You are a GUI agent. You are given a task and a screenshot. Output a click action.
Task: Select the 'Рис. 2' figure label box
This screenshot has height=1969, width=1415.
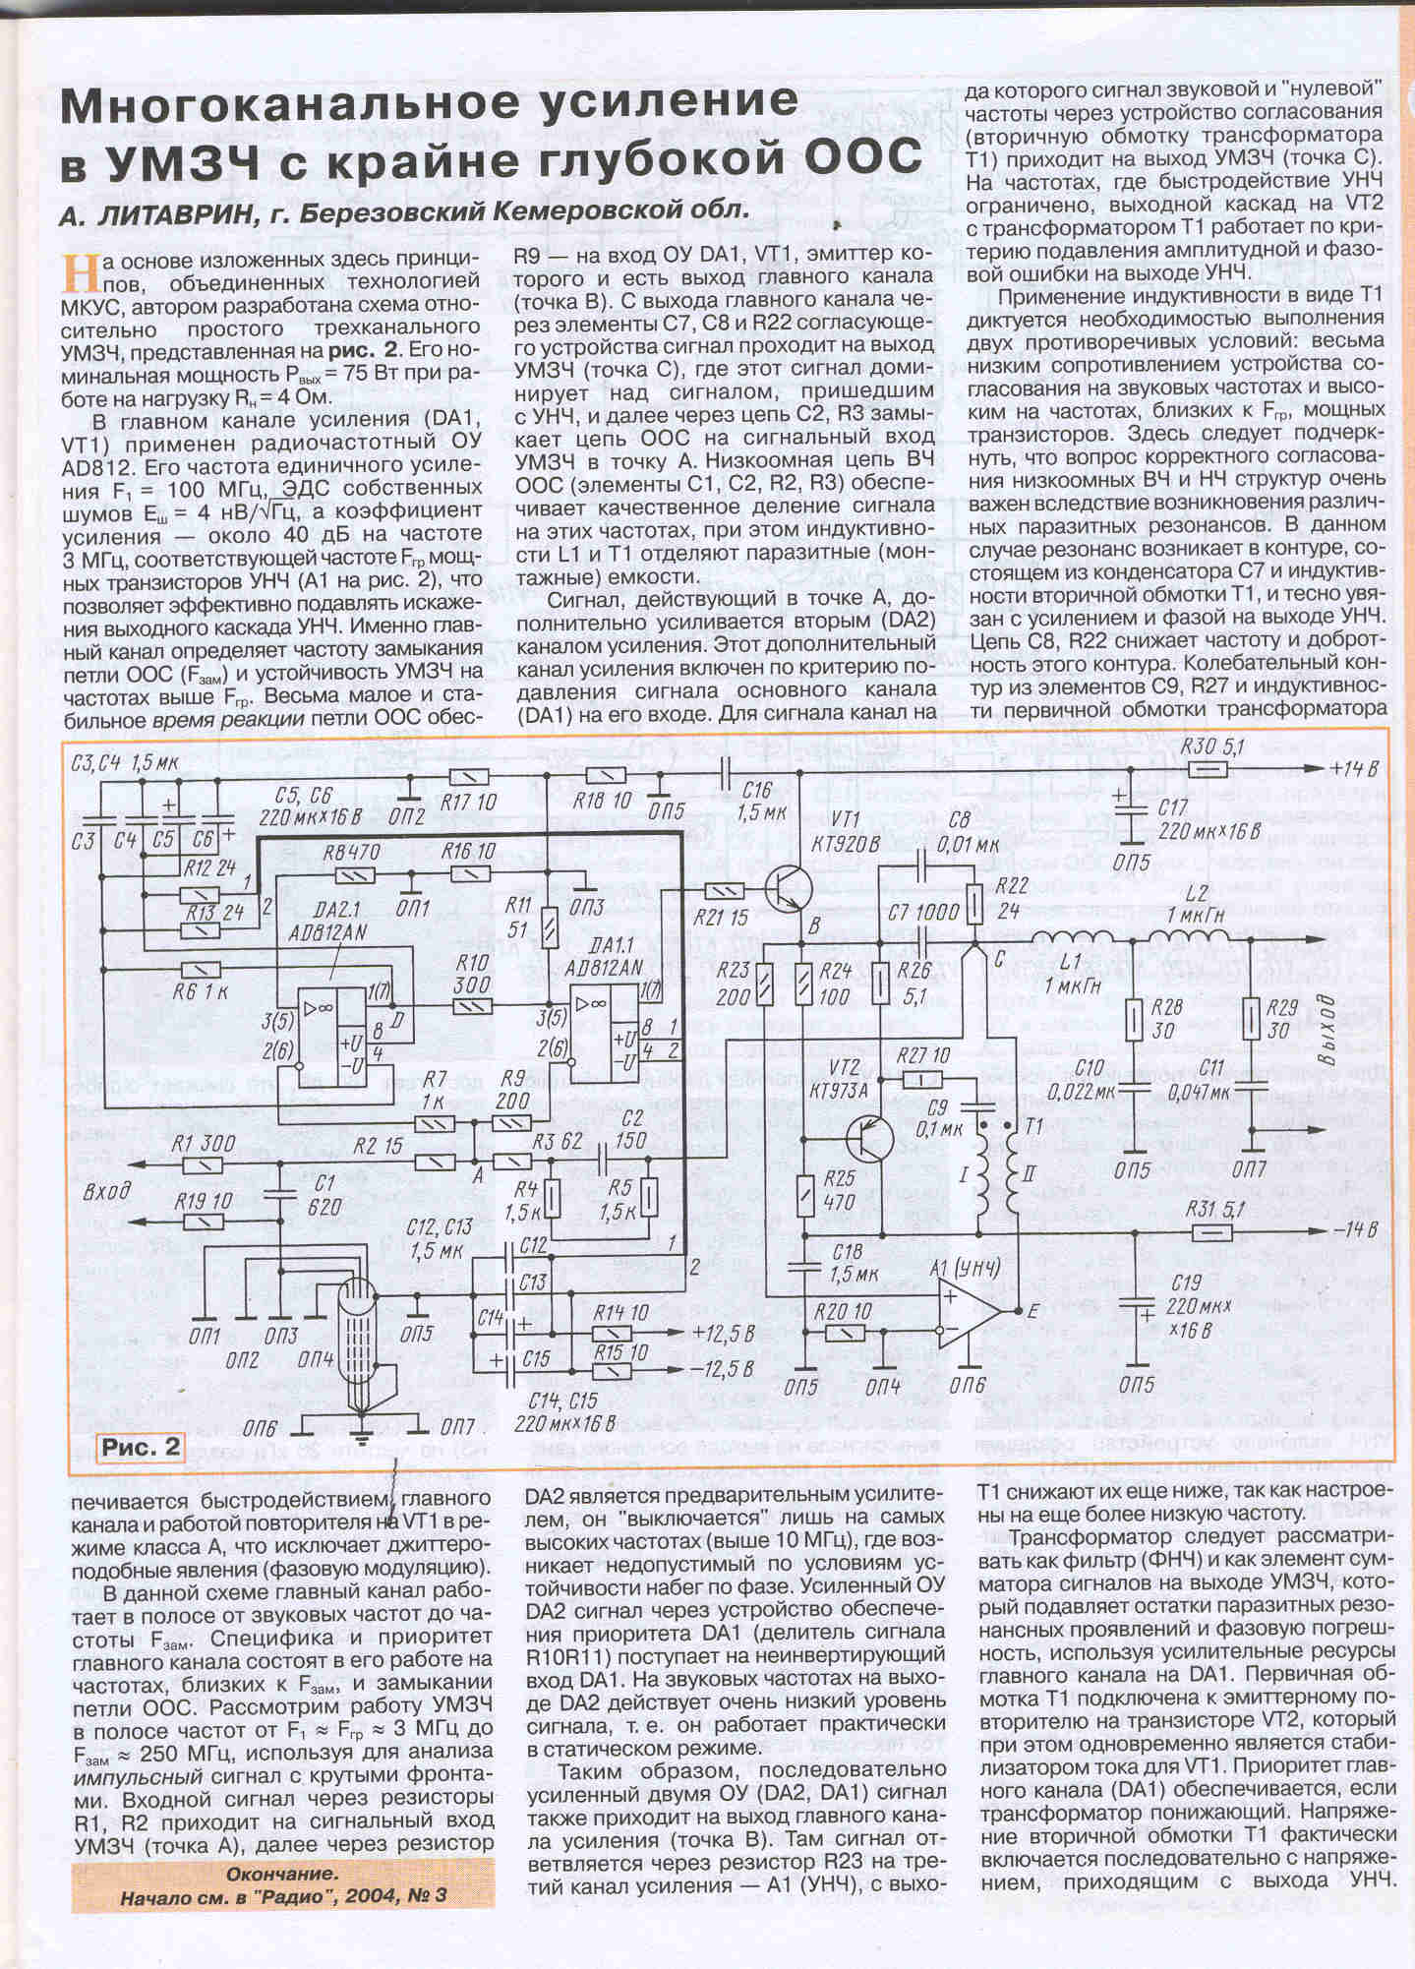pyautogui.click(x=142, y=1447)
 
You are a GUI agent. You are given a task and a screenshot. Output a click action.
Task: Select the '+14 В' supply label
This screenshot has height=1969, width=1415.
pyautogui.click(x=1353, y=769)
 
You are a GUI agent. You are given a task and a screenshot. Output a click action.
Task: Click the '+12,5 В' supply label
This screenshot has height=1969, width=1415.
pyautogui.click(x=723, y=1334)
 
